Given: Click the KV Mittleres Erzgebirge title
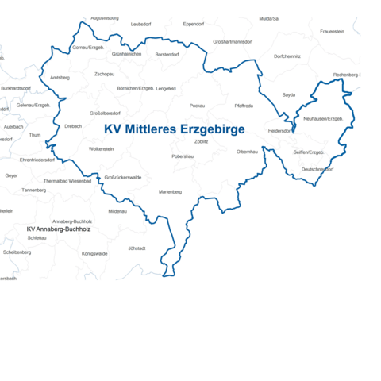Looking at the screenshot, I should point(175,129).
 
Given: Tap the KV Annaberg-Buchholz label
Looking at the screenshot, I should point(59,229).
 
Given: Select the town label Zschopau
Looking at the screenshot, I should point(104,74).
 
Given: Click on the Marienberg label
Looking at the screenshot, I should point(170,191).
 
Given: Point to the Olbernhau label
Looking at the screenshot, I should point(248,151).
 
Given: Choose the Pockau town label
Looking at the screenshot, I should point(198,105).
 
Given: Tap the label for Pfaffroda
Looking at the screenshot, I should point(244,105).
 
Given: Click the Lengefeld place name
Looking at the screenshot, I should point(166,88).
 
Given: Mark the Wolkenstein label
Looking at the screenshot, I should point(102,148).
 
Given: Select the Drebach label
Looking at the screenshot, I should point(73,125).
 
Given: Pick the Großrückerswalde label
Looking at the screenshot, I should point(123,177).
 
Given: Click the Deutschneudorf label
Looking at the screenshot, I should point(317,169).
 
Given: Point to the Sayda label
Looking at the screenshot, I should point(289,94).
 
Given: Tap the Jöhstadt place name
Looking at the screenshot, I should point(137,248).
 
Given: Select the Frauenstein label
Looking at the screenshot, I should point(332,31).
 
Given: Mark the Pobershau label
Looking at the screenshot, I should point(183,156).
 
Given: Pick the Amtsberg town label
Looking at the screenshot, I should point(60,78).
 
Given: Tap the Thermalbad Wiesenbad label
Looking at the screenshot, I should point(67,180).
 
